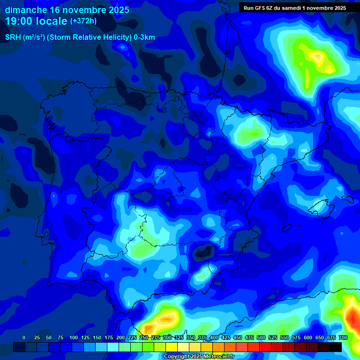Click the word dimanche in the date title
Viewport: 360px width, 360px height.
tap(26, 10)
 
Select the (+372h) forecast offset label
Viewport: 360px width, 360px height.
tap(83, 21)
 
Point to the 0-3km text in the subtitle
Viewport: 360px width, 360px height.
tap(144, 37)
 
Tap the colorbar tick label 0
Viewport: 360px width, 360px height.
tap(24, 337)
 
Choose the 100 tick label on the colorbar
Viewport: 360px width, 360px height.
tap(74, 337)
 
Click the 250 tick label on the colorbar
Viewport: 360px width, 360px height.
tap(144, 337)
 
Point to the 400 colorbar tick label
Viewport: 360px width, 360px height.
tap(214, 337)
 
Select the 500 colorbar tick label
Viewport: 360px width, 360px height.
tap(261, 337)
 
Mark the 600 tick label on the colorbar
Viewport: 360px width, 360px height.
tap(308, 337)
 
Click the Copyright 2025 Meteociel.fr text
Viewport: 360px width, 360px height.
tap(199, 356)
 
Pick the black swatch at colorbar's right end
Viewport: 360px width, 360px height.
tap(336, 347)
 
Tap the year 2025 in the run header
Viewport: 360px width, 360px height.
tap(338, 8)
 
